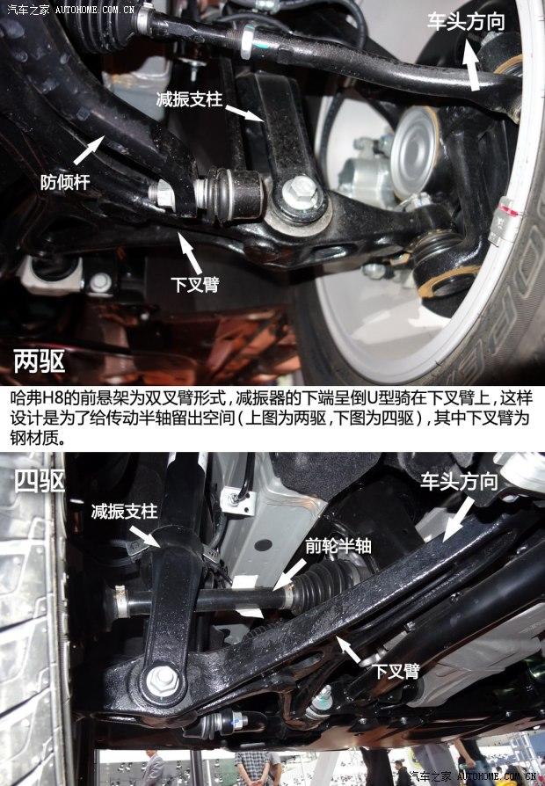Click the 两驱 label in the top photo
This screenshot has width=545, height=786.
click(39, 362)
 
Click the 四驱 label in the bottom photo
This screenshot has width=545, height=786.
click(39, 480)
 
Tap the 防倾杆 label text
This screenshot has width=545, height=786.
click(65, 182)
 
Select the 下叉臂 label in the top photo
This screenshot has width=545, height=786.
click(195, 284)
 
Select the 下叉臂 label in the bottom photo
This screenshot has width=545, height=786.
click(396, 671)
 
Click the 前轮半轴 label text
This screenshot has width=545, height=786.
click(338, 545)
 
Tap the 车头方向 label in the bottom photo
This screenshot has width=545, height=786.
click(458, 481)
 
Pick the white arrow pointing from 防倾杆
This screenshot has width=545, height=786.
click(89, 151)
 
